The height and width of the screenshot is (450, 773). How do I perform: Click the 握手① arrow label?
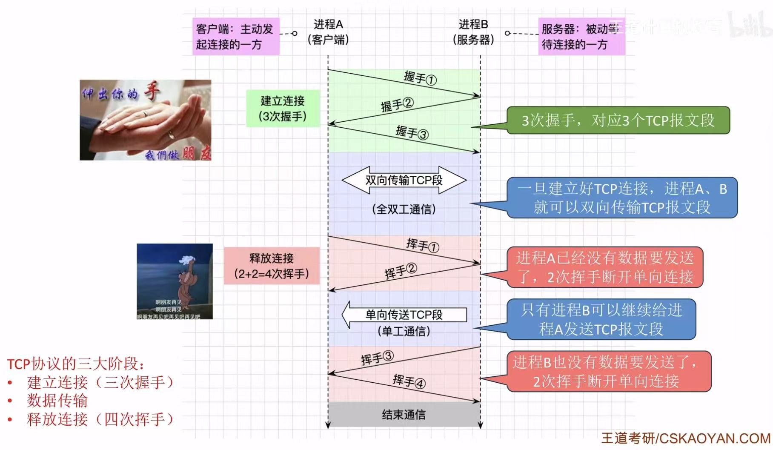pos(420,78)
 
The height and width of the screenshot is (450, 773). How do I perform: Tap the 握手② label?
pos(397,104)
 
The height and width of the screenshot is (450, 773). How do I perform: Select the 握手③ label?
pos(412,132)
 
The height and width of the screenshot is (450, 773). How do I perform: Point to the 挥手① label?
pos(422,245)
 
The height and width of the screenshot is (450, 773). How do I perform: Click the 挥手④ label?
pos(409,381)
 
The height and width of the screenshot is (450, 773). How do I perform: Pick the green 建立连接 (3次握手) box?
pos(283,109)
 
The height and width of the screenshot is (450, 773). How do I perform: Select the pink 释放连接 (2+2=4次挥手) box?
pos(272,266)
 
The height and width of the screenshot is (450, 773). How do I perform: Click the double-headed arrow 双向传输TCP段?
pos(404,180)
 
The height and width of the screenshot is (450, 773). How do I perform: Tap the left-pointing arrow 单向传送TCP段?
pos(404,315)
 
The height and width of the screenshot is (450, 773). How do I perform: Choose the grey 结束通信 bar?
pos(404,414)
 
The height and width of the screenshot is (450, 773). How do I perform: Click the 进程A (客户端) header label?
pos(328,32)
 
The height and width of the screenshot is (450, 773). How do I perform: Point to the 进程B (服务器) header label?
pos(473,32)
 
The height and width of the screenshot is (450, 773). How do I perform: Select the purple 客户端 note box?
pos(236,37)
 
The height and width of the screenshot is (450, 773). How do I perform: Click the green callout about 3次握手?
pos(618,120)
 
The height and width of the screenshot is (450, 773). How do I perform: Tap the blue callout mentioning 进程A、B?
pos(621,198)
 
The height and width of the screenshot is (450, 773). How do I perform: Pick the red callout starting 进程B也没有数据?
pos(608,371)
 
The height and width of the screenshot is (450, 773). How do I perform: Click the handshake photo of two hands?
pos(145,120)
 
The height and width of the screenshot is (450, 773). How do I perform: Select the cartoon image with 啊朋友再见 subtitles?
pos(175,281)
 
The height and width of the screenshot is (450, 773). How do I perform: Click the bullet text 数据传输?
pos(57,401)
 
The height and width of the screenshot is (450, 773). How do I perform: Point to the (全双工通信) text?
pos(404,209)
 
